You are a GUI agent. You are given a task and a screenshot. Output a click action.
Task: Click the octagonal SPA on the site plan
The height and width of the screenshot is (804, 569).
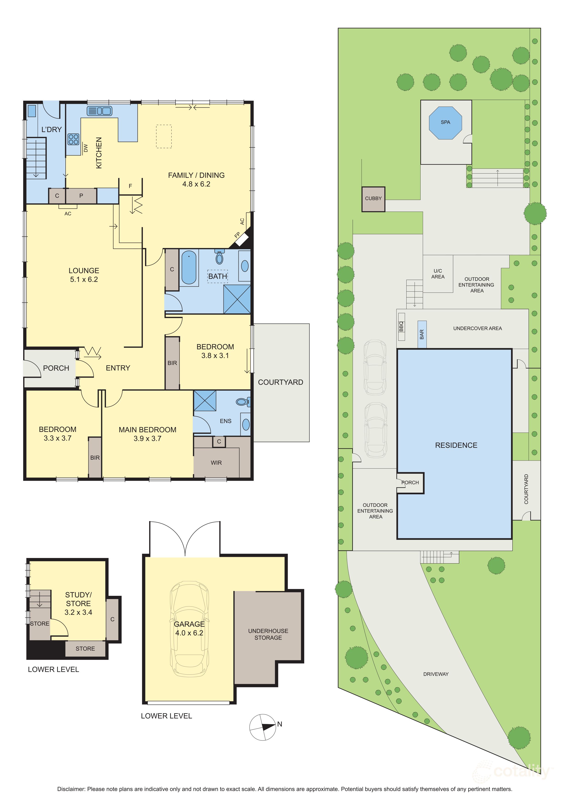point(445,123)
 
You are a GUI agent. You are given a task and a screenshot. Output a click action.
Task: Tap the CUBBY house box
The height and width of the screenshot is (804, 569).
point(373,199)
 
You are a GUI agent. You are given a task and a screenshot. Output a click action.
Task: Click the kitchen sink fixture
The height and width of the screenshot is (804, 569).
point(100,111)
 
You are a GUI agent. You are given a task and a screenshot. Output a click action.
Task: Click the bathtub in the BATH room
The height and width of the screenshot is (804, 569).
point(189,267)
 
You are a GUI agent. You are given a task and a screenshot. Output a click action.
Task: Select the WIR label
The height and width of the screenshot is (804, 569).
point(216,463)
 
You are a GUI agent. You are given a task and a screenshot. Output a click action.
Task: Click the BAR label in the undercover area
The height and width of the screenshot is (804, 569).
point(422,334)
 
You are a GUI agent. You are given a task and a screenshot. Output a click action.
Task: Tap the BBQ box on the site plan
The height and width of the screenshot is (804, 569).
point(402,327)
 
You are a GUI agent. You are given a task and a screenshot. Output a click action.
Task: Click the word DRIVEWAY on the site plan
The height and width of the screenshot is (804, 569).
point(436,674)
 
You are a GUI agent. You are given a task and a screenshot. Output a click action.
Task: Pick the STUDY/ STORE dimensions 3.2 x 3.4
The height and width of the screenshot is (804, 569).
point(78,612)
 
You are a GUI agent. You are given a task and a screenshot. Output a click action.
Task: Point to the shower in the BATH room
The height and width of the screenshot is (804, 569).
point(237,299)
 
